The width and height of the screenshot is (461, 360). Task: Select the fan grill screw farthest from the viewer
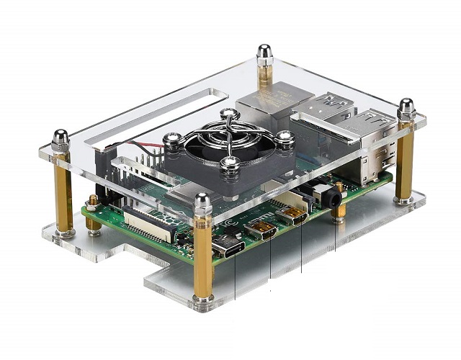click(x=228, y=114)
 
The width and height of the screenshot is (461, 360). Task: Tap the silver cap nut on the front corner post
click(x=204, y=199)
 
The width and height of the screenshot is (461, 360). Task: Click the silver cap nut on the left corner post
click(x=61, y=137)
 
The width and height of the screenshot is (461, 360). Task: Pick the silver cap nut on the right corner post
click(x=406, y=108)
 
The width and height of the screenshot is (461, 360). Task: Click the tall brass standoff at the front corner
click(x=204, y=259)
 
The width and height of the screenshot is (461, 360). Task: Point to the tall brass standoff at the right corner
click(x=405, y=166)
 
